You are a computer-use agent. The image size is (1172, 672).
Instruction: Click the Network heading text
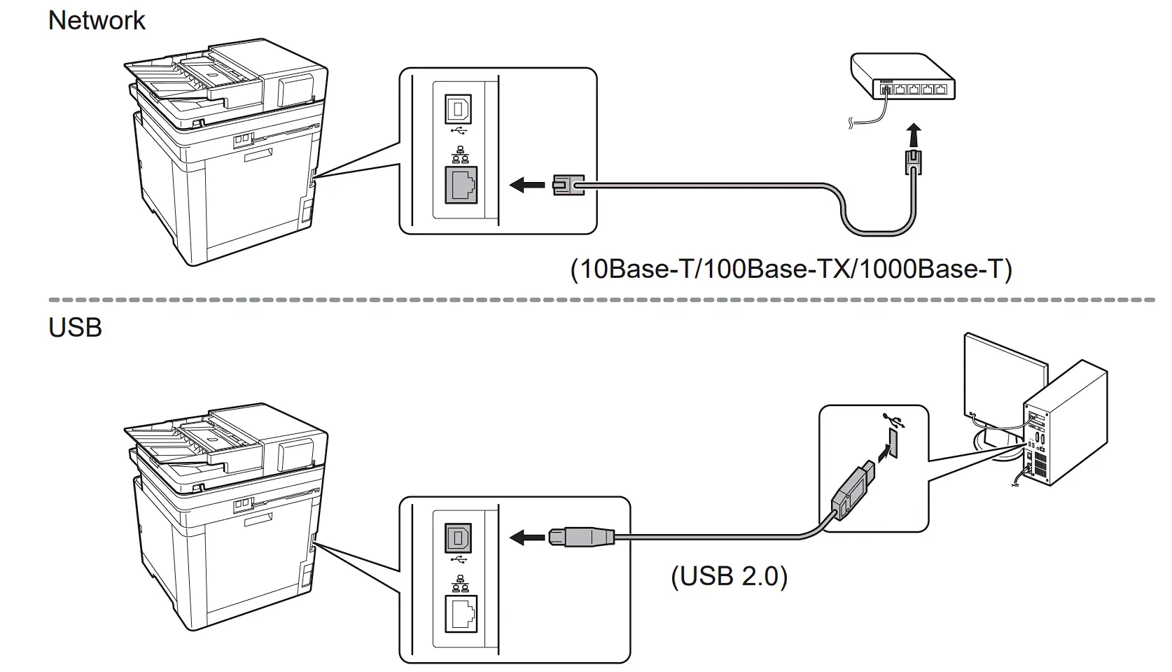pyautogui.click(x=97, y=20)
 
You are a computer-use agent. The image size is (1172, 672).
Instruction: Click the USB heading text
pyautogui.click(x=75, y=328)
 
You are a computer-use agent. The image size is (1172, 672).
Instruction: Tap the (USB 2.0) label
pyautogui.click(x=729, y=576)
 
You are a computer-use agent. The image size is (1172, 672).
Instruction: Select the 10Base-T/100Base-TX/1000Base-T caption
pyautogui.click(x=791, y=269)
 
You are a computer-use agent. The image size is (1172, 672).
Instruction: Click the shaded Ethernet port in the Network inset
pyautogui.click(x=461, y=185)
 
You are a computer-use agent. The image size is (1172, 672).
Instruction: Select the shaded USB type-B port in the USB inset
pyautogui.click(x=458, y=538)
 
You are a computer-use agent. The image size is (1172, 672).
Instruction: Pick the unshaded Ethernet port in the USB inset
pyautogui.click(x=461, y=615)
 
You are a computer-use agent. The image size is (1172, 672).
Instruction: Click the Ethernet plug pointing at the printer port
pyautogui.click(x=568, y=185)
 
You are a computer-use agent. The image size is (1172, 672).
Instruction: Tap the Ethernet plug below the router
pyautogui.click(x=913, y=162)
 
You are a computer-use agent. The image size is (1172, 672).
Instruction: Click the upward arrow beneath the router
pyautogui.click(x=913, y=135)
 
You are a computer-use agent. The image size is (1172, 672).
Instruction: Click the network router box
pyautogui.click(x=903, y=77)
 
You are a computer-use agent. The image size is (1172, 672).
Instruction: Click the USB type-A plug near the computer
pyautogui.click(x=853, y=490)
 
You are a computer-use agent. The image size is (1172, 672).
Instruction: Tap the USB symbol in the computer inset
pyautogui.click(x=894, y=419)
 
